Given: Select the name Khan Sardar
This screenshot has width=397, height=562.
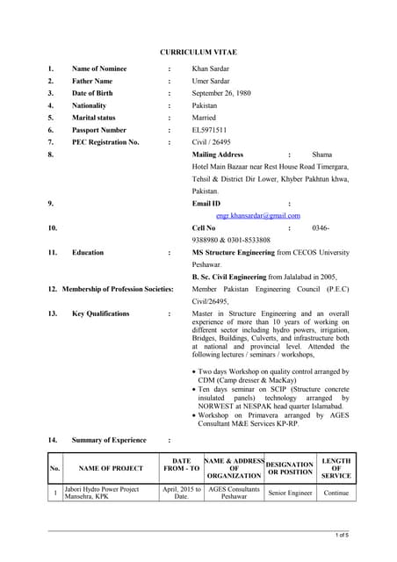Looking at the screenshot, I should (x=213, y=68).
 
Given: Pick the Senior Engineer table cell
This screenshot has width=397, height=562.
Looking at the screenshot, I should (x=289, y=494).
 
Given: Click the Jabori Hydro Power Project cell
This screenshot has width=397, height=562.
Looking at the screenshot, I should (x=107, y=493).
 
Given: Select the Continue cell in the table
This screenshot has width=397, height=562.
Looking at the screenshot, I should (x=336, y=494).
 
